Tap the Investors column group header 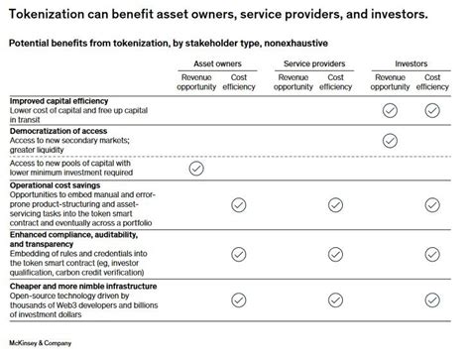(411, 63)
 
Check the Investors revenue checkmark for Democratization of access (390, 141)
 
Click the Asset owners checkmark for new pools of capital (195, 170)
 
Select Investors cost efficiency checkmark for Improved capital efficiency (432, 111)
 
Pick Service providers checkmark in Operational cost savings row (334, 205)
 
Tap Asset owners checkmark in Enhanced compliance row (238, 253)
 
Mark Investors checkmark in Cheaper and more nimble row (432, 300)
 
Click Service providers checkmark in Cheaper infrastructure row (334, 300)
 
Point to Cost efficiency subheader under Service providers (334, 81)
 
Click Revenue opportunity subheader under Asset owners (195, 81)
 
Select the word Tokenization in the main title (49, 16)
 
